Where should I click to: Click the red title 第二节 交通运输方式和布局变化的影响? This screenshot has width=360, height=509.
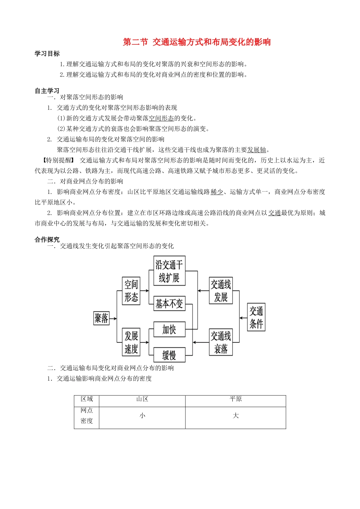197,42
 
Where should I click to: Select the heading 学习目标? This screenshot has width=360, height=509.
47,54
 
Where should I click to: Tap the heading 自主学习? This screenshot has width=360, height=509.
47,91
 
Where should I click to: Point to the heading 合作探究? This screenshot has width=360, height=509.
47,240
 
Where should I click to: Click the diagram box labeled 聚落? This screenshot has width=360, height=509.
101,318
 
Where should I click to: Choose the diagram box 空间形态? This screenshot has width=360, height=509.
131,290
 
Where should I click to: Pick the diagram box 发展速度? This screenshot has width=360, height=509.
131,342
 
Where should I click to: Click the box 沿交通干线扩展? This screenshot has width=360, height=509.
169,271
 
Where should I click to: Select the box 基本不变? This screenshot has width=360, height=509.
169,303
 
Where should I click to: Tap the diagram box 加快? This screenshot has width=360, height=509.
169,329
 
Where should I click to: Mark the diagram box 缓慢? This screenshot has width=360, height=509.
169,355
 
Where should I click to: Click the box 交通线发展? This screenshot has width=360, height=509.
221,290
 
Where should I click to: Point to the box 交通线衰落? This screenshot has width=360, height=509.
221,342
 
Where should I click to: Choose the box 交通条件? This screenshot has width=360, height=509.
256,317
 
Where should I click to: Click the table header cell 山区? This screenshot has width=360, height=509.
142,399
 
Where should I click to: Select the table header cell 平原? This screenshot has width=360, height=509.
235,399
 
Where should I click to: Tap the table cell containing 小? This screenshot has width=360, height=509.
142,416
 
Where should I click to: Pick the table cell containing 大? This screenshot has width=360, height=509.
235,416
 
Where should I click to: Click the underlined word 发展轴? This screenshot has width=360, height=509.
257,150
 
